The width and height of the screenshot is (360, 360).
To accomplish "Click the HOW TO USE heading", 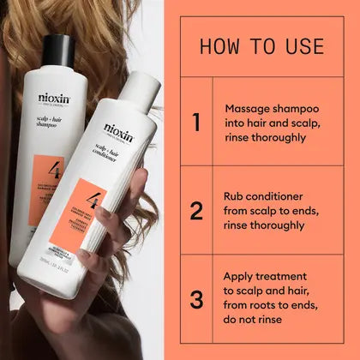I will [262, 45].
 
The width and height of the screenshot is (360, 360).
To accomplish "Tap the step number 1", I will [195, 123].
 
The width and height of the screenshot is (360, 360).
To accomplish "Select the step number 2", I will [195, 211].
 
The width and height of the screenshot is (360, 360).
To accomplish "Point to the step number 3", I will [195, 300].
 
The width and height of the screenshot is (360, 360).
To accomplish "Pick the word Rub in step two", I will [236, 195].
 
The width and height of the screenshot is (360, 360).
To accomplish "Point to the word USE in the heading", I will [303, 45].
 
